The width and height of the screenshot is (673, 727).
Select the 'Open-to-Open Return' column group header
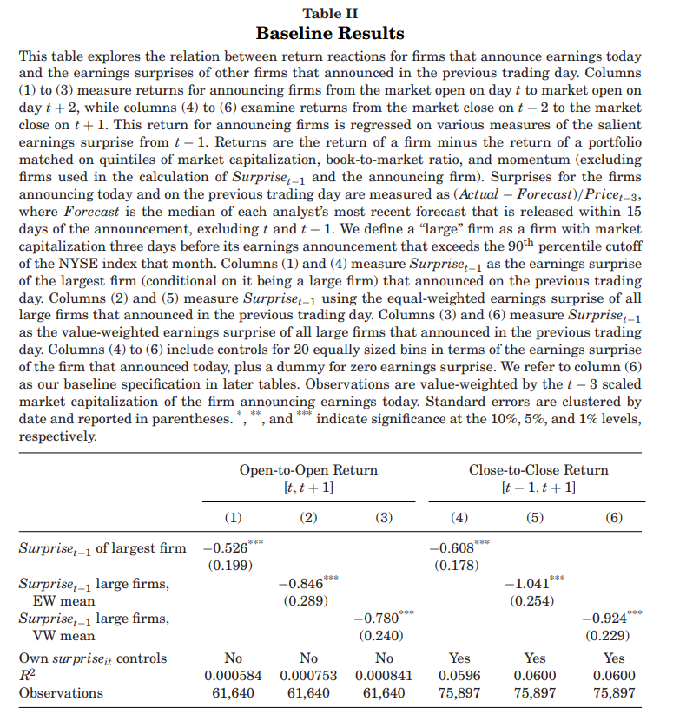tap(308, 469)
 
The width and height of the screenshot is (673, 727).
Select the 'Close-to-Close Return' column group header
tap(538, 469)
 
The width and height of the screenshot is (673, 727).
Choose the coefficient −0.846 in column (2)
tap(303, 583)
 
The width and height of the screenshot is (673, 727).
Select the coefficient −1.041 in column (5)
tap(530, 583)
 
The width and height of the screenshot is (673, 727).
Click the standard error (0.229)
tap(612, 635)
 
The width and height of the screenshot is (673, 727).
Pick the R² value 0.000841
tap(384, 676)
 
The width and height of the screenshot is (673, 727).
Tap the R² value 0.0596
tap(459, 676)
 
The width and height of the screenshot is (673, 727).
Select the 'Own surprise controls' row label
tap(93, 658)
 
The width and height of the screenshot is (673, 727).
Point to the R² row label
tap(27, 676)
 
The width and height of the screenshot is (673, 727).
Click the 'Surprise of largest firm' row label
tap(102, 548)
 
